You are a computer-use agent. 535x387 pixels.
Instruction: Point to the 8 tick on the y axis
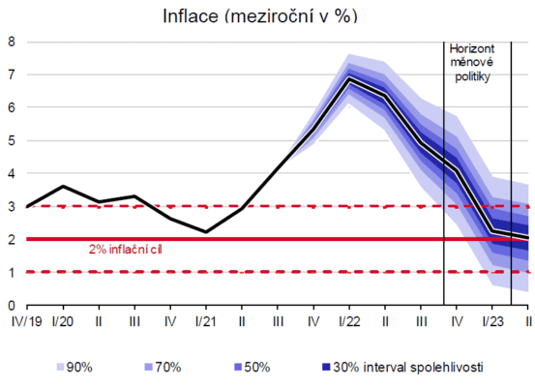12,42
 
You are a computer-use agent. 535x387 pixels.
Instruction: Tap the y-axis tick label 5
12,140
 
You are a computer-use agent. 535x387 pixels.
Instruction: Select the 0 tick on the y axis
12,306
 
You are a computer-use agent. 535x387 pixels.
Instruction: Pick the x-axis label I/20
64,320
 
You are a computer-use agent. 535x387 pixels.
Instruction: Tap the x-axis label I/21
206,320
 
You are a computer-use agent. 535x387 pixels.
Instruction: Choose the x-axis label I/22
349,320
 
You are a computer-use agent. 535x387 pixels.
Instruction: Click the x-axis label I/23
492,320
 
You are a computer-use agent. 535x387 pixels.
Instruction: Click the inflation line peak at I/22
349,78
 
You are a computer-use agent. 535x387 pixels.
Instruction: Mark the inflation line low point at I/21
206,232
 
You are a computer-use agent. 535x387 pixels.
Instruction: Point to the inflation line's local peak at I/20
64,186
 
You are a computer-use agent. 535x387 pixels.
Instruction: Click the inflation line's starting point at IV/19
28,206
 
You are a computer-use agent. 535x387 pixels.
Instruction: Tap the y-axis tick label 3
12,207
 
